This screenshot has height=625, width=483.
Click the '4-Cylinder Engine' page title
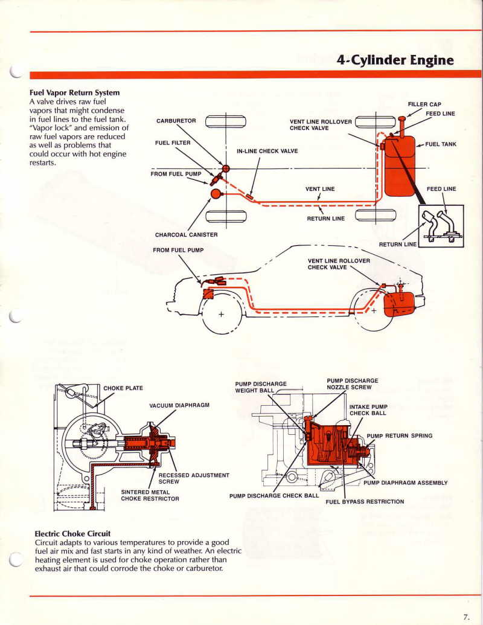395,60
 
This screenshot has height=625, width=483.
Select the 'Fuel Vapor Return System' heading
75,93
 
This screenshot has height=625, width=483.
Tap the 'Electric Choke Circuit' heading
72,534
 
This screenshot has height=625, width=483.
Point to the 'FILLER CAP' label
424,104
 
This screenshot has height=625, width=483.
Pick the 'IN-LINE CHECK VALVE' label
267,151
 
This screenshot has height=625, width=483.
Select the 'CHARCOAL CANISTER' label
186,235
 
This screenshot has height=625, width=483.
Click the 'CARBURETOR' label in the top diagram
176,121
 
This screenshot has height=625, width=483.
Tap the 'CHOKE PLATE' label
123,388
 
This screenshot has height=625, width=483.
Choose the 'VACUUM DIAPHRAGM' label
179,405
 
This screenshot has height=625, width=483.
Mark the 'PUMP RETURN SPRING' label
400,435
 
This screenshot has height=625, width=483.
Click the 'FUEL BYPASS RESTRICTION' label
365,501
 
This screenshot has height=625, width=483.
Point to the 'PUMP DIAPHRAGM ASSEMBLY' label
406,482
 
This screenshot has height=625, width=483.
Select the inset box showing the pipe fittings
441,226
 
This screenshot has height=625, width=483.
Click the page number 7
466,617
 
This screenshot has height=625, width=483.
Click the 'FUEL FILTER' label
173,143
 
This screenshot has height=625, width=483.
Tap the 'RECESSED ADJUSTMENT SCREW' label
193,478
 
